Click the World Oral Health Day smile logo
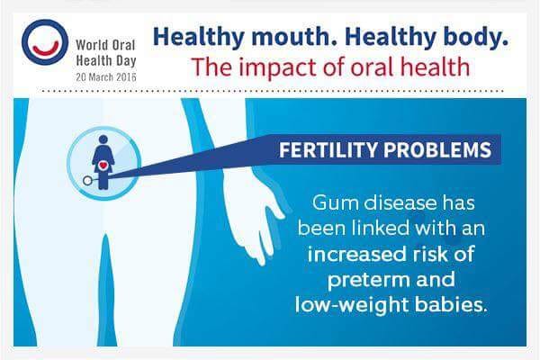(x=45, y=42)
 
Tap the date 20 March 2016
(x=106, y=76)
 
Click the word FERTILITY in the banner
(x=328, y=150)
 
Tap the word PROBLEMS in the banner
(x=437, y=150)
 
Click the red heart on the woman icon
(x=103, y=166)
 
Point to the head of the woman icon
(x=103, y=139)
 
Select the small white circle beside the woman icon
(x=88, y=181)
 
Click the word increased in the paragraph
(x=356, y=254)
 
